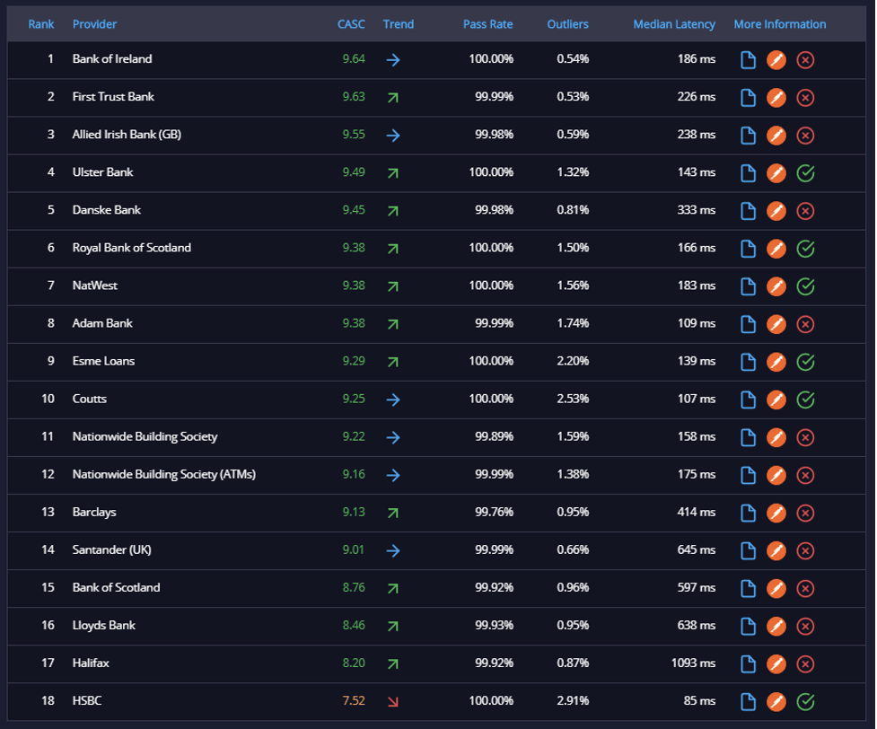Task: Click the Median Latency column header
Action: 674,24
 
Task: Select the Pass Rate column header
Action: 487,24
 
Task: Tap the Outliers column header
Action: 567,24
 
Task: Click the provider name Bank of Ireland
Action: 112,58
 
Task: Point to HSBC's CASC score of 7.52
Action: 354,700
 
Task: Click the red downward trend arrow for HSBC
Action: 393,701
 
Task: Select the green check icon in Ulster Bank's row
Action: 805,173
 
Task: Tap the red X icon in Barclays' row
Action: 805,513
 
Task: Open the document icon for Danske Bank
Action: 748,211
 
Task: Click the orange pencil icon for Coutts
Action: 776,400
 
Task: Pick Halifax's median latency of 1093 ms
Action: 693,663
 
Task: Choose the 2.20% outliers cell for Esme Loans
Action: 573,361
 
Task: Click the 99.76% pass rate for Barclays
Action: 494,512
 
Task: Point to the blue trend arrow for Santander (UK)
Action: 393,550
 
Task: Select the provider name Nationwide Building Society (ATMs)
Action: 164,474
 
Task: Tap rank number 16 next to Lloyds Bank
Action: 48,625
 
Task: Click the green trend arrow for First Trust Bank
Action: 393,97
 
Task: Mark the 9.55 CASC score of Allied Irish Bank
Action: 354,135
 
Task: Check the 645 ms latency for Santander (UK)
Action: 697,549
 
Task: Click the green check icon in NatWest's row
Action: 805,286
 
